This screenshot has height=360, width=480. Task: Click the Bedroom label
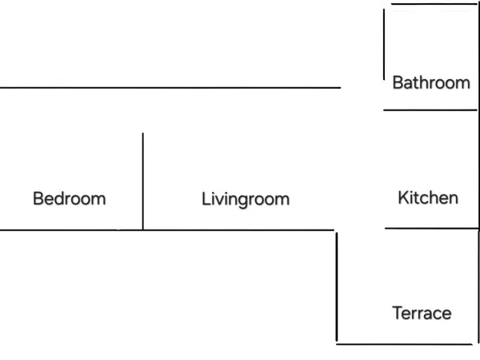click(70, 198)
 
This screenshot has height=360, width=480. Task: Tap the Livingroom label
click(246, 199)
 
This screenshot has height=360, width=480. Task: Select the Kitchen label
click(428, 198)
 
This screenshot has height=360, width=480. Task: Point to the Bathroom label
click(431, 82)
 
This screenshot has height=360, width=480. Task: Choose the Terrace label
click(422, 313)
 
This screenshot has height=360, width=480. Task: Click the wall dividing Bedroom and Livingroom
click(142, 182)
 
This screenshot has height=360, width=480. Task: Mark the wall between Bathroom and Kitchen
click(430, 110)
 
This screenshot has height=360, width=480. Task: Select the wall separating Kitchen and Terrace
click(432, 228)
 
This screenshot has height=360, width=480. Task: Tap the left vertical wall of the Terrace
click(337, 287)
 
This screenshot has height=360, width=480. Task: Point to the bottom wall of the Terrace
click(404, 344)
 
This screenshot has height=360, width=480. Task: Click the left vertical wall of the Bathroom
click(384, 44)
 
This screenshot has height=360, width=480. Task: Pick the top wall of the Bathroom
click(434, 4)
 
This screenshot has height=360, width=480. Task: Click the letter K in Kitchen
click(403, 198)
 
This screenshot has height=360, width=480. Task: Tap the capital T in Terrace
click(398, 313)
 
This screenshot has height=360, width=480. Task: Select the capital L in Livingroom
click(206, 198)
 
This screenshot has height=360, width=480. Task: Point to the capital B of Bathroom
click(398, 82)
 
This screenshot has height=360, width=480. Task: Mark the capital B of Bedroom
click(38, 198)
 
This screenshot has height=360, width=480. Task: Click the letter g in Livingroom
click(246, 202)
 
